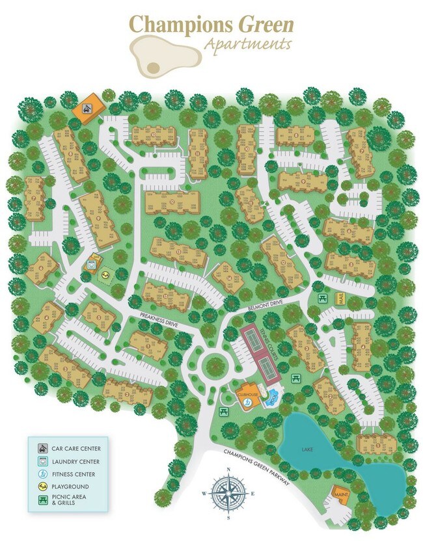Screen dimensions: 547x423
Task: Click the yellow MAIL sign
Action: point(340,298)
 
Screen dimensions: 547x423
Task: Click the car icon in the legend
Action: point(42,448)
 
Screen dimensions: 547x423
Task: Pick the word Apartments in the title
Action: point(247,45)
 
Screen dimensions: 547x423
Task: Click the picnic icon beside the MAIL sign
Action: point(322,298)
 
